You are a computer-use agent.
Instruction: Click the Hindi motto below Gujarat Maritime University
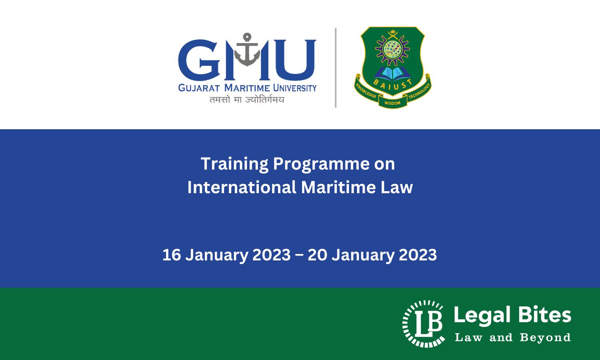[247, 100]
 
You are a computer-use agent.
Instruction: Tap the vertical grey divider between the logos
[336, 68]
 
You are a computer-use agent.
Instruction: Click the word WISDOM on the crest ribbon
[392, 103]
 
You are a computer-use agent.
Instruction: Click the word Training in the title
[234, 164]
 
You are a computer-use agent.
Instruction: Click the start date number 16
[172, 255]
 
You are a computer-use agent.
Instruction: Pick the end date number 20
[317, 255]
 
